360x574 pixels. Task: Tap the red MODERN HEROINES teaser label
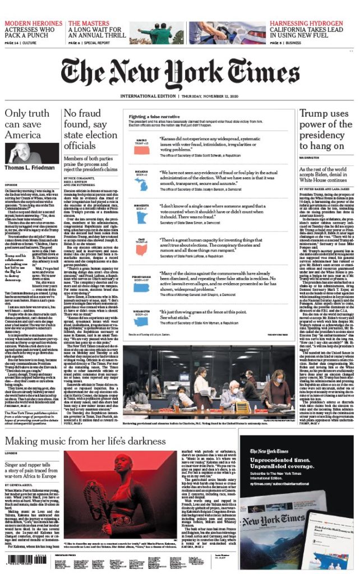pyautogui.click(x=34, y=23)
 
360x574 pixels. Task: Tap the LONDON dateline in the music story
pyautogui.click(x=11, y=453)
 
